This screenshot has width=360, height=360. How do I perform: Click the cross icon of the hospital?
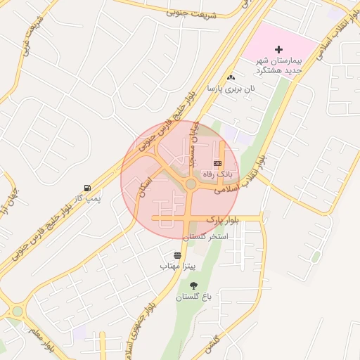tap(279, 49)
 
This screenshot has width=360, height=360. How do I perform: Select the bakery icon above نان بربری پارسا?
tap(231, 77)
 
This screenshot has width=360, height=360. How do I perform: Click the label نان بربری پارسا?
tap(231, 89)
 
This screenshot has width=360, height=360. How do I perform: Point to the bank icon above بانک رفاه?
tap(216, 162)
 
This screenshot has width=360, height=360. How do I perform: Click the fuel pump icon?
tap(87, 188)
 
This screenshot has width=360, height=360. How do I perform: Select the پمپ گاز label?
tap(89, 199)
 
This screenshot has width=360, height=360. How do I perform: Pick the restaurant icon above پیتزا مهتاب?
tap(176, 255)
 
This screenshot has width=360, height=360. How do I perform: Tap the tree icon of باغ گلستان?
tap(194, 285)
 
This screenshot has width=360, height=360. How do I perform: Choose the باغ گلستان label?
tap(194, 297)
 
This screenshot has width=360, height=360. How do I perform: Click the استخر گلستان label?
tap(206, 237)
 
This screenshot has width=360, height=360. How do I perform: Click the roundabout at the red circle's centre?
tap(190, 184)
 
